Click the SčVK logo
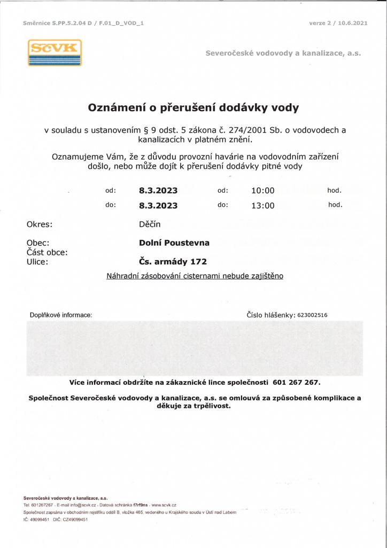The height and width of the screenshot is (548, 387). point(55,52)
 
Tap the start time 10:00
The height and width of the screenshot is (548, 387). point(262,191)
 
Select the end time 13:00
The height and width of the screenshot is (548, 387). point(262,205)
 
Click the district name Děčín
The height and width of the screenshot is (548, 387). point(150,224)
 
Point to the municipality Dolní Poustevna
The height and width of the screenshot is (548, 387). point(174,243)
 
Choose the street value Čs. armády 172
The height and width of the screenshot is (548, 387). point(173,262)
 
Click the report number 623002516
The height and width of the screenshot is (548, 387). point(313,315)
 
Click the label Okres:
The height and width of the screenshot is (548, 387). point(40,224)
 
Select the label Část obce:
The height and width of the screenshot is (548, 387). point(47,252)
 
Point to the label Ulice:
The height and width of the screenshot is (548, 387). point(37,262)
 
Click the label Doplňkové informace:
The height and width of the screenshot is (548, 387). point(60,315)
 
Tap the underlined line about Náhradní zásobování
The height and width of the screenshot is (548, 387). point(195,276)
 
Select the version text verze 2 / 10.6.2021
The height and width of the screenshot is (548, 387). point(338,23)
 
